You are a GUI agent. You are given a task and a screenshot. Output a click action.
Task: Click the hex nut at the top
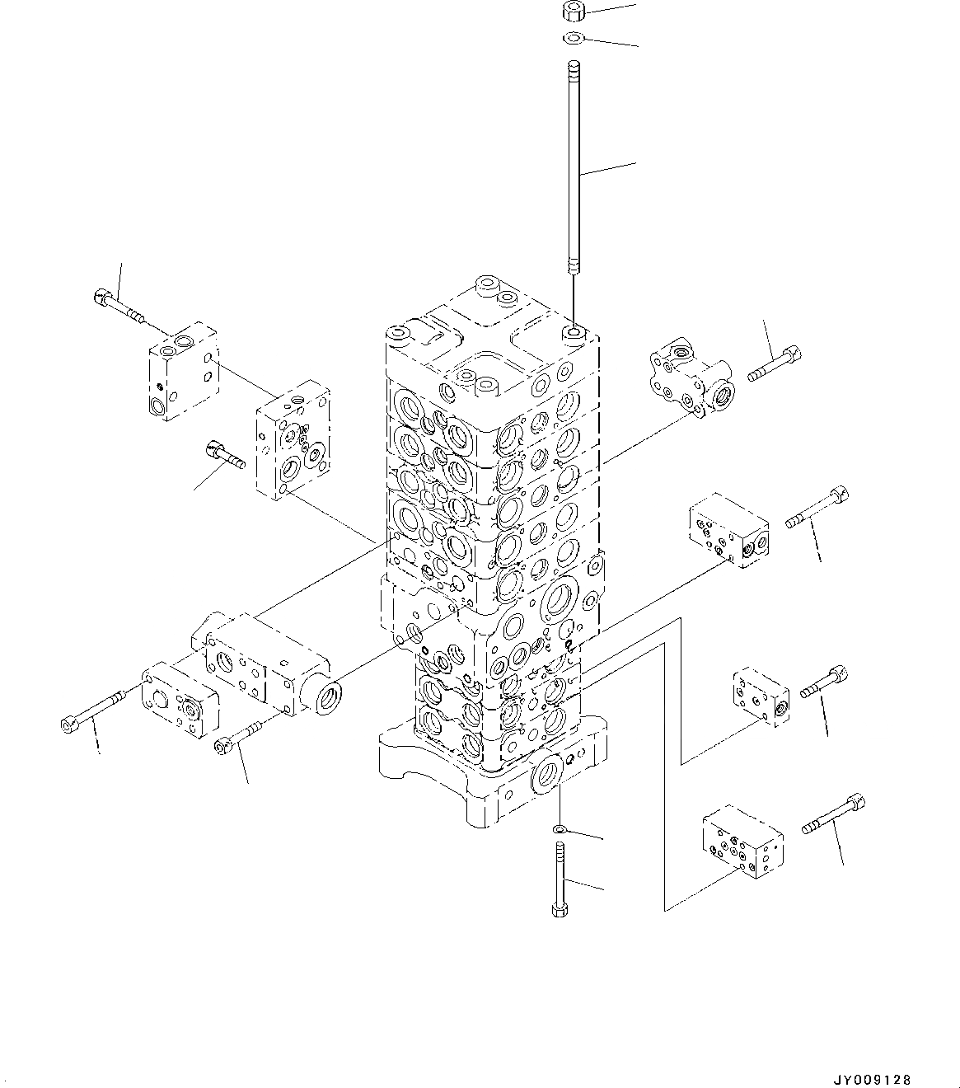(573, 12)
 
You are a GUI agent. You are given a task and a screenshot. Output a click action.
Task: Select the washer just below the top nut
(573, 38)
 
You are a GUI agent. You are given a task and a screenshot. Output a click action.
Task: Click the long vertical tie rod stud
(574, 167)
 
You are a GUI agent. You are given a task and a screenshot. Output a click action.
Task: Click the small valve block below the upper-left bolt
(184, 371)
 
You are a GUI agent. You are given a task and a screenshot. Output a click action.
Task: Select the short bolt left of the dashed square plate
(225, 454)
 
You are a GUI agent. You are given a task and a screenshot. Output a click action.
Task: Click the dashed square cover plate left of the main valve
(293, 440)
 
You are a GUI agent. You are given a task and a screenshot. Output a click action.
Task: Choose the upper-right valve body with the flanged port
(691, 378)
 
